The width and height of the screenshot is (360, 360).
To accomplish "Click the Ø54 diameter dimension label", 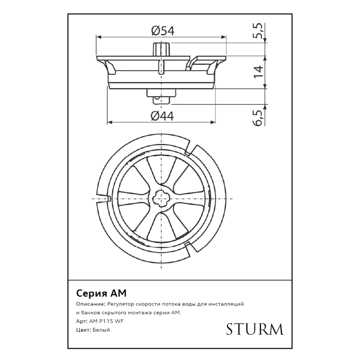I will pyautogui.click(x=162, y=31).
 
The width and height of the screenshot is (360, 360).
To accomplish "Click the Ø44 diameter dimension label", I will pyautogui.click(x=162, y=116).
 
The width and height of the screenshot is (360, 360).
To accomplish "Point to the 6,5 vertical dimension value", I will pyautogui.click(x=258, y=118).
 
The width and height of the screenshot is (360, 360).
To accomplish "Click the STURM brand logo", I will pyautogui.click(x=255, y=329).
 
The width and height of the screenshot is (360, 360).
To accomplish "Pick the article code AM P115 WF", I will pyautogui.click(x=107, y=321).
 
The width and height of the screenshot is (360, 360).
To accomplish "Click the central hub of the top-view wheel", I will pyautogui.click(x=161, y=198).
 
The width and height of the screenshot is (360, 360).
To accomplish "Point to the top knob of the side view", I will pyautogui.click(x=161, y=48).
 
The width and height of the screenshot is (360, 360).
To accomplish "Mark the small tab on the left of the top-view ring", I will pyautogui.click(x=108, y=198).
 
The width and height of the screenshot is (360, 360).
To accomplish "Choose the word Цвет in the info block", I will pyautogui.click(x=83, y=330).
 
